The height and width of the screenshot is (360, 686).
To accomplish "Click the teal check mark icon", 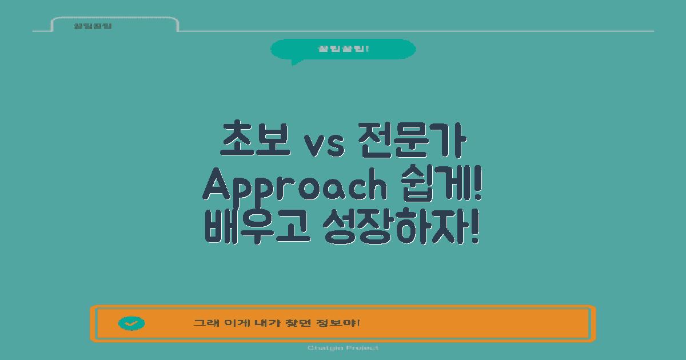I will [131, 323].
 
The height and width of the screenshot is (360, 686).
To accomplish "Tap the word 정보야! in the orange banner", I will [343, 323].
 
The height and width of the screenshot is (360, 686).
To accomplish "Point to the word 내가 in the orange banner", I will [273, 323].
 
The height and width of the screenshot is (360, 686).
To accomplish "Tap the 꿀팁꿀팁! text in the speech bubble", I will [343, 49].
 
